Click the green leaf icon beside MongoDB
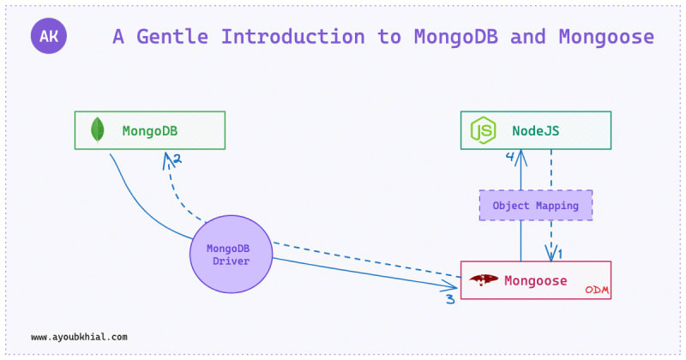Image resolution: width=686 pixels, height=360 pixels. point(98,130)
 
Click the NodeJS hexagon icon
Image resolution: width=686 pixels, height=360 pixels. point(483,131)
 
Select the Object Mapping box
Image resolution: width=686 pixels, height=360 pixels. point(535,206)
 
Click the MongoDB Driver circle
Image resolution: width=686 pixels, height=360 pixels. point(231,255)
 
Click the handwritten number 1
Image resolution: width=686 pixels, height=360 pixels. point(560,254)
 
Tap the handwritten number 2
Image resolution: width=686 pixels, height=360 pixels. point(177,159)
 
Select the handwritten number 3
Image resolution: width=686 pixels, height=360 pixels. point(449,300)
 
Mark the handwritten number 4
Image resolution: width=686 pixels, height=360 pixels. point(509,157)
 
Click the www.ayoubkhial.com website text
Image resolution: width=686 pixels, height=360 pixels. point(79,337)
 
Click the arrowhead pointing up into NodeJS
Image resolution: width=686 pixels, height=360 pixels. point(521,154)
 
